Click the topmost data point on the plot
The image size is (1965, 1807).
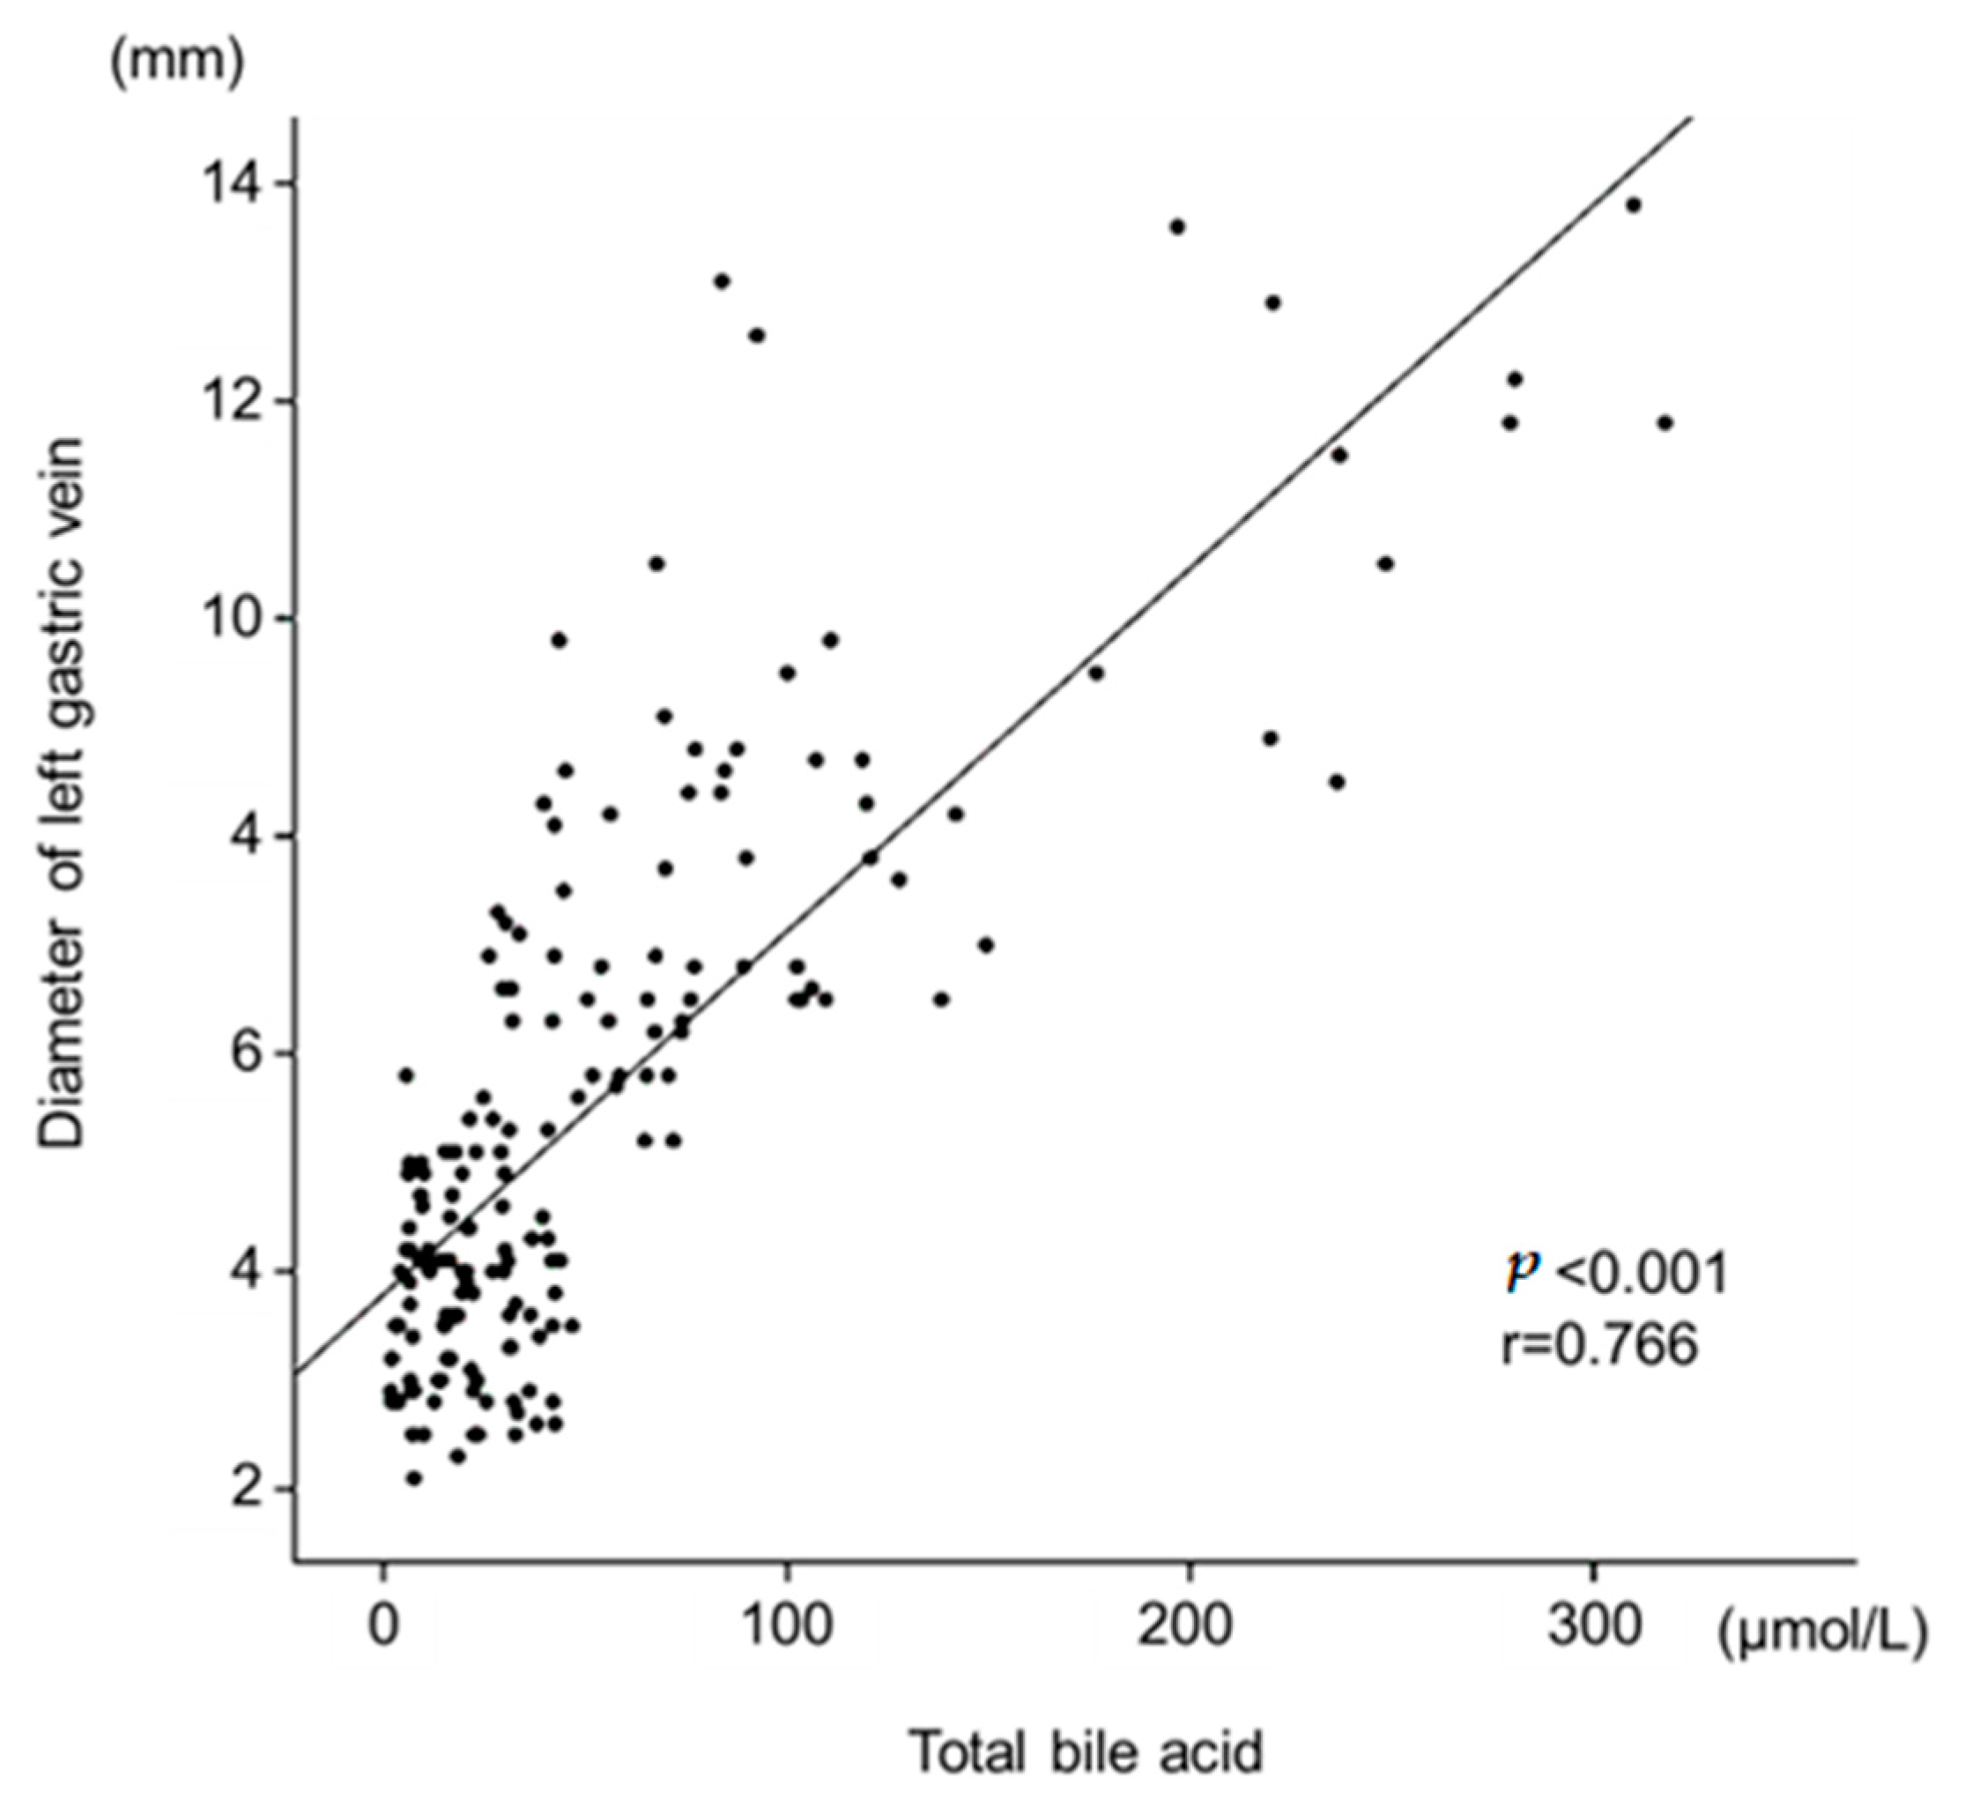[x=1633, y=205]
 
